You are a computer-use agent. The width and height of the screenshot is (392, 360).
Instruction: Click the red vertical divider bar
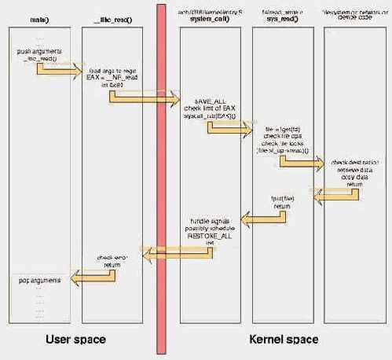(162, 181)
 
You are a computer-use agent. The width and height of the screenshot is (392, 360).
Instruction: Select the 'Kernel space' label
(284, 340)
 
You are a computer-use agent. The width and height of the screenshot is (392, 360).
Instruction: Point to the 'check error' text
(111, 256)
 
